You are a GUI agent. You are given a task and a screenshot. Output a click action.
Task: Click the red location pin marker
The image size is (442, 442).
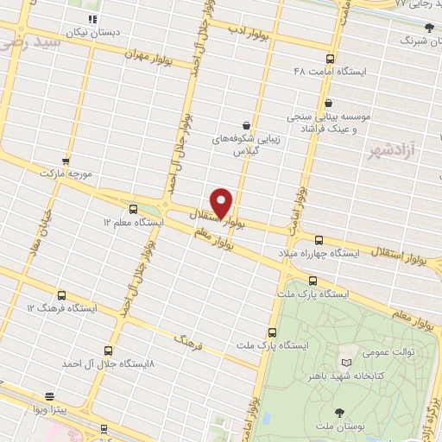coord(222,202)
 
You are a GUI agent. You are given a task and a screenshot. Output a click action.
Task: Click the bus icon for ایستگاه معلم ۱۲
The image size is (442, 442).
coord(133,209)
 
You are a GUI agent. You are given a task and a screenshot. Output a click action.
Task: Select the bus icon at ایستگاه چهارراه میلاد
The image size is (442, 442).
coord(319,240)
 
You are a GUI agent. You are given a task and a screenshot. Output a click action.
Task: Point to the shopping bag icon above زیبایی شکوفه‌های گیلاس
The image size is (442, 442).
coord(247,124)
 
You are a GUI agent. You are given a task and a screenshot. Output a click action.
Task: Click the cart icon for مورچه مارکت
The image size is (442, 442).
coord(66,161)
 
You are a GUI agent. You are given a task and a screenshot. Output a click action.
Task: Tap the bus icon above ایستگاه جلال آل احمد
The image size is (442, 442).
coord(108,350)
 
